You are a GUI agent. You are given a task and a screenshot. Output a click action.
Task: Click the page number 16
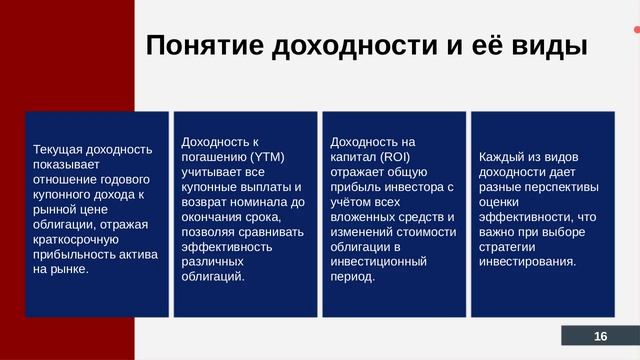(600, 336)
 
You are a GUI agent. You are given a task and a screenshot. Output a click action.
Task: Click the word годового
(124, 179)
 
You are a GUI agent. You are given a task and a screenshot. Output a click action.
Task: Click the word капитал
(352, 157)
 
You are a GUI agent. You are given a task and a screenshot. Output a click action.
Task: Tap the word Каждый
(504, 157)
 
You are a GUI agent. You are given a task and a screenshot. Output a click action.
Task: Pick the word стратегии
(512, 247)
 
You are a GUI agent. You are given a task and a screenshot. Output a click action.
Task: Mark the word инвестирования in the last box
(526, 262)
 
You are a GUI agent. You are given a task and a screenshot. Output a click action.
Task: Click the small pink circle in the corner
(636, 30)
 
